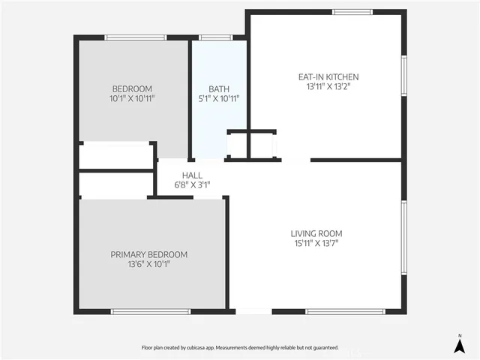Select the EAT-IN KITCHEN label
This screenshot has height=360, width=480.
point(328,76)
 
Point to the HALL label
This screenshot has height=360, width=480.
point(192,175)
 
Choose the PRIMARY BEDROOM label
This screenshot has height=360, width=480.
point(149,254)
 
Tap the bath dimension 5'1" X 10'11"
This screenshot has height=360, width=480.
point(219,98)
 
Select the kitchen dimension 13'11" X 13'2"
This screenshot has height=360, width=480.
point(328,86)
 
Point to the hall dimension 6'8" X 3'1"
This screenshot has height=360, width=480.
point(192,184)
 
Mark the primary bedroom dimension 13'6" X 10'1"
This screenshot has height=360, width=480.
point(149,264)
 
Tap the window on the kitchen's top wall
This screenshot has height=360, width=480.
point(352,12)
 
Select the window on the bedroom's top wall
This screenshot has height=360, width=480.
point(135,37)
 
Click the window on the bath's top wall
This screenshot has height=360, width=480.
point(216,37)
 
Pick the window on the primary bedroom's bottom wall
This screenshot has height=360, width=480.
point(150,311)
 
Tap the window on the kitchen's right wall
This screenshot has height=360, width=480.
point(403,77)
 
